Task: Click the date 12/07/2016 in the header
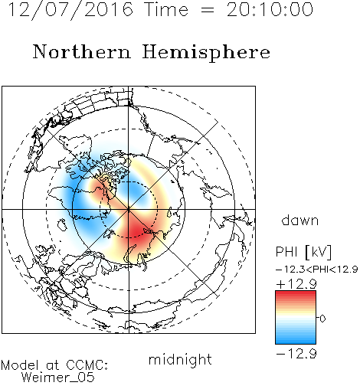pos(70,10)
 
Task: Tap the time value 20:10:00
pos(270,9)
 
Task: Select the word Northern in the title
pos(82,51)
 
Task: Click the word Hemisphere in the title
pos(206,53)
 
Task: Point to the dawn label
pos(300,220)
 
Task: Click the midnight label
pos(180,360)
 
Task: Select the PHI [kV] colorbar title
pos(303,252)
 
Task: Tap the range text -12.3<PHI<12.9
pos(316,269)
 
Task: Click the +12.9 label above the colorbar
pos(296,284)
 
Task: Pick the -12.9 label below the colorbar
pos(296,354)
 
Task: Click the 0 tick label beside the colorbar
pos(322,319)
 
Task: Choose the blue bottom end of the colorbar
pos(296,342)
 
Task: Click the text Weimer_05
pos(58,378)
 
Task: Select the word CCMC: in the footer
pos(87,365)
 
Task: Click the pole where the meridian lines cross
pos(129,209)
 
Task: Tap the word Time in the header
pos(166,9)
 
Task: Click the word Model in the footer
pos(20,365)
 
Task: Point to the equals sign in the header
pos(208,10)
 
